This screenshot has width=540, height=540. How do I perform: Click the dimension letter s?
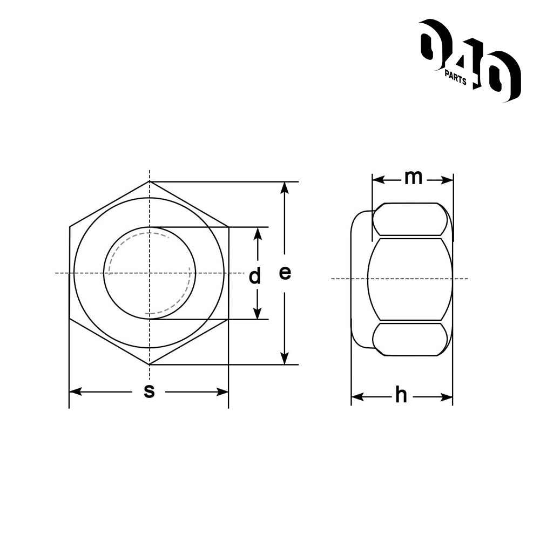pos(149,391)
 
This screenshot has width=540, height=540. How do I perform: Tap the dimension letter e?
pos(285,273)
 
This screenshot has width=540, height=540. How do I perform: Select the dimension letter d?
pos(254,277)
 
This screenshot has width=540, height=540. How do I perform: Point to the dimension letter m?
pos(413,177)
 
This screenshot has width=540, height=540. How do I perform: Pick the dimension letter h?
pos(401,396)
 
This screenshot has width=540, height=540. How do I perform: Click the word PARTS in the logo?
pos(455,77)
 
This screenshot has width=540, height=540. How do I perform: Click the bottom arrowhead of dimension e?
pos(285,359)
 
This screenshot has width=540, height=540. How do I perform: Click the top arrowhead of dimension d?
pos(258,232)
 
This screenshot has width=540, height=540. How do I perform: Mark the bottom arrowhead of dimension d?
pos(258,314)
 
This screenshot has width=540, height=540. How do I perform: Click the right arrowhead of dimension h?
pos(447,397)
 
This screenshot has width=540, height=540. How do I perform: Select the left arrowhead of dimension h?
pos(357,397)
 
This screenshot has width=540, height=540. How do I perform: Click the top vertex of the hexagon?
pos(150,182)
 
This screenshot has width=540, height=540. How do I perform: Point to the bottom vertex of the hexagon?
pos(150,364)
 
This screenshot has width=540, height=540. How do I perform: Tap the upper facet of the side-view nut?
pos(411,219)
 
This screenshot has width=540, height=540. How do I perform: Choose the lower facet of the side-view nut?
pos(411,339)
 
